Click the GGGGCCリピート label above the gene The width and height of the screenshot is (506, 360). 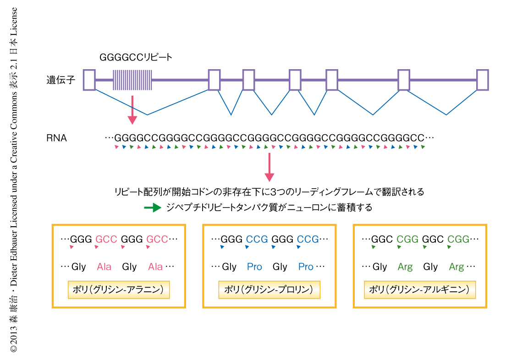136,58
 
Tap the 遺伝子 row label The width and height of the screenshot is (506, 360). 60,80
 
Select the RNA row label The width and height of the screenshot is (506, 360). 56,137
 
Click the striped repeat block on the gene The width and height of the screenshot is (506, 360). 132,80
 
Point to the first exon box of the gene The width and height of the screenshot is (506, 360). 89,80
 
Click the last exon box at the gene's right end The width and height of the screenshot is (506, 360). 482,80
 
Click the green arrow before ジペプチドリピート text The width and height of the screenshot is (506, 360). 152,207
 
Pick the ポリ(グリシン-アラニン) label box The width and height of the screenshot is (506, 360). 119,290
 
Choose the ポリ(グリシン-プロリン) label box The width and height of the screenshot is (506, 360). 269,290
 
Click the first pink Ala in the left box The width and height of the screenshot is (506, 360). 104,267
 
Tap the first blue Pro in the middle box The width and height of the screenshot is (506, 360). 254,267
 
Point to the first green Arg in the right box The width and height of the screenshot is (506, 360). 405,267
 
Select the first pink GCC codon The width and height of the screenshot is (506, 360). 106,239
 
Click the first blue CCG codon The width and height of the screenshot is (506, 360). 257,239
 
